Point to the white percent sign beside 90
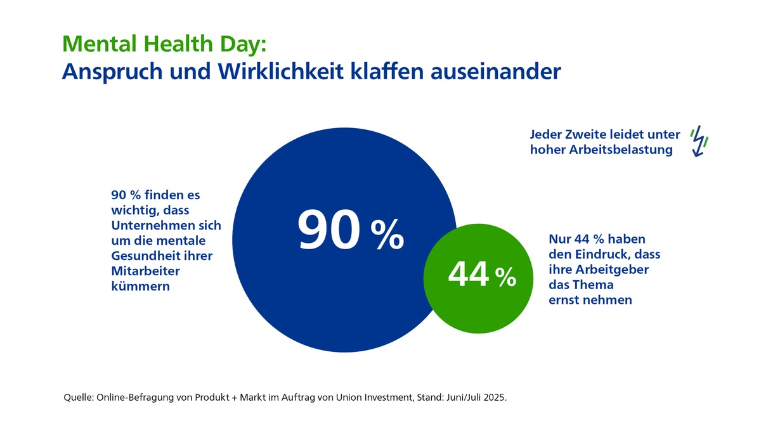point(387,236)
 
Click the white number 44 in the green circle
point(469,274)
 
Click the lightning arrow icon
point(699,140)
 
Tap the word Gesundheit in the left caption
point(138,256)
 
